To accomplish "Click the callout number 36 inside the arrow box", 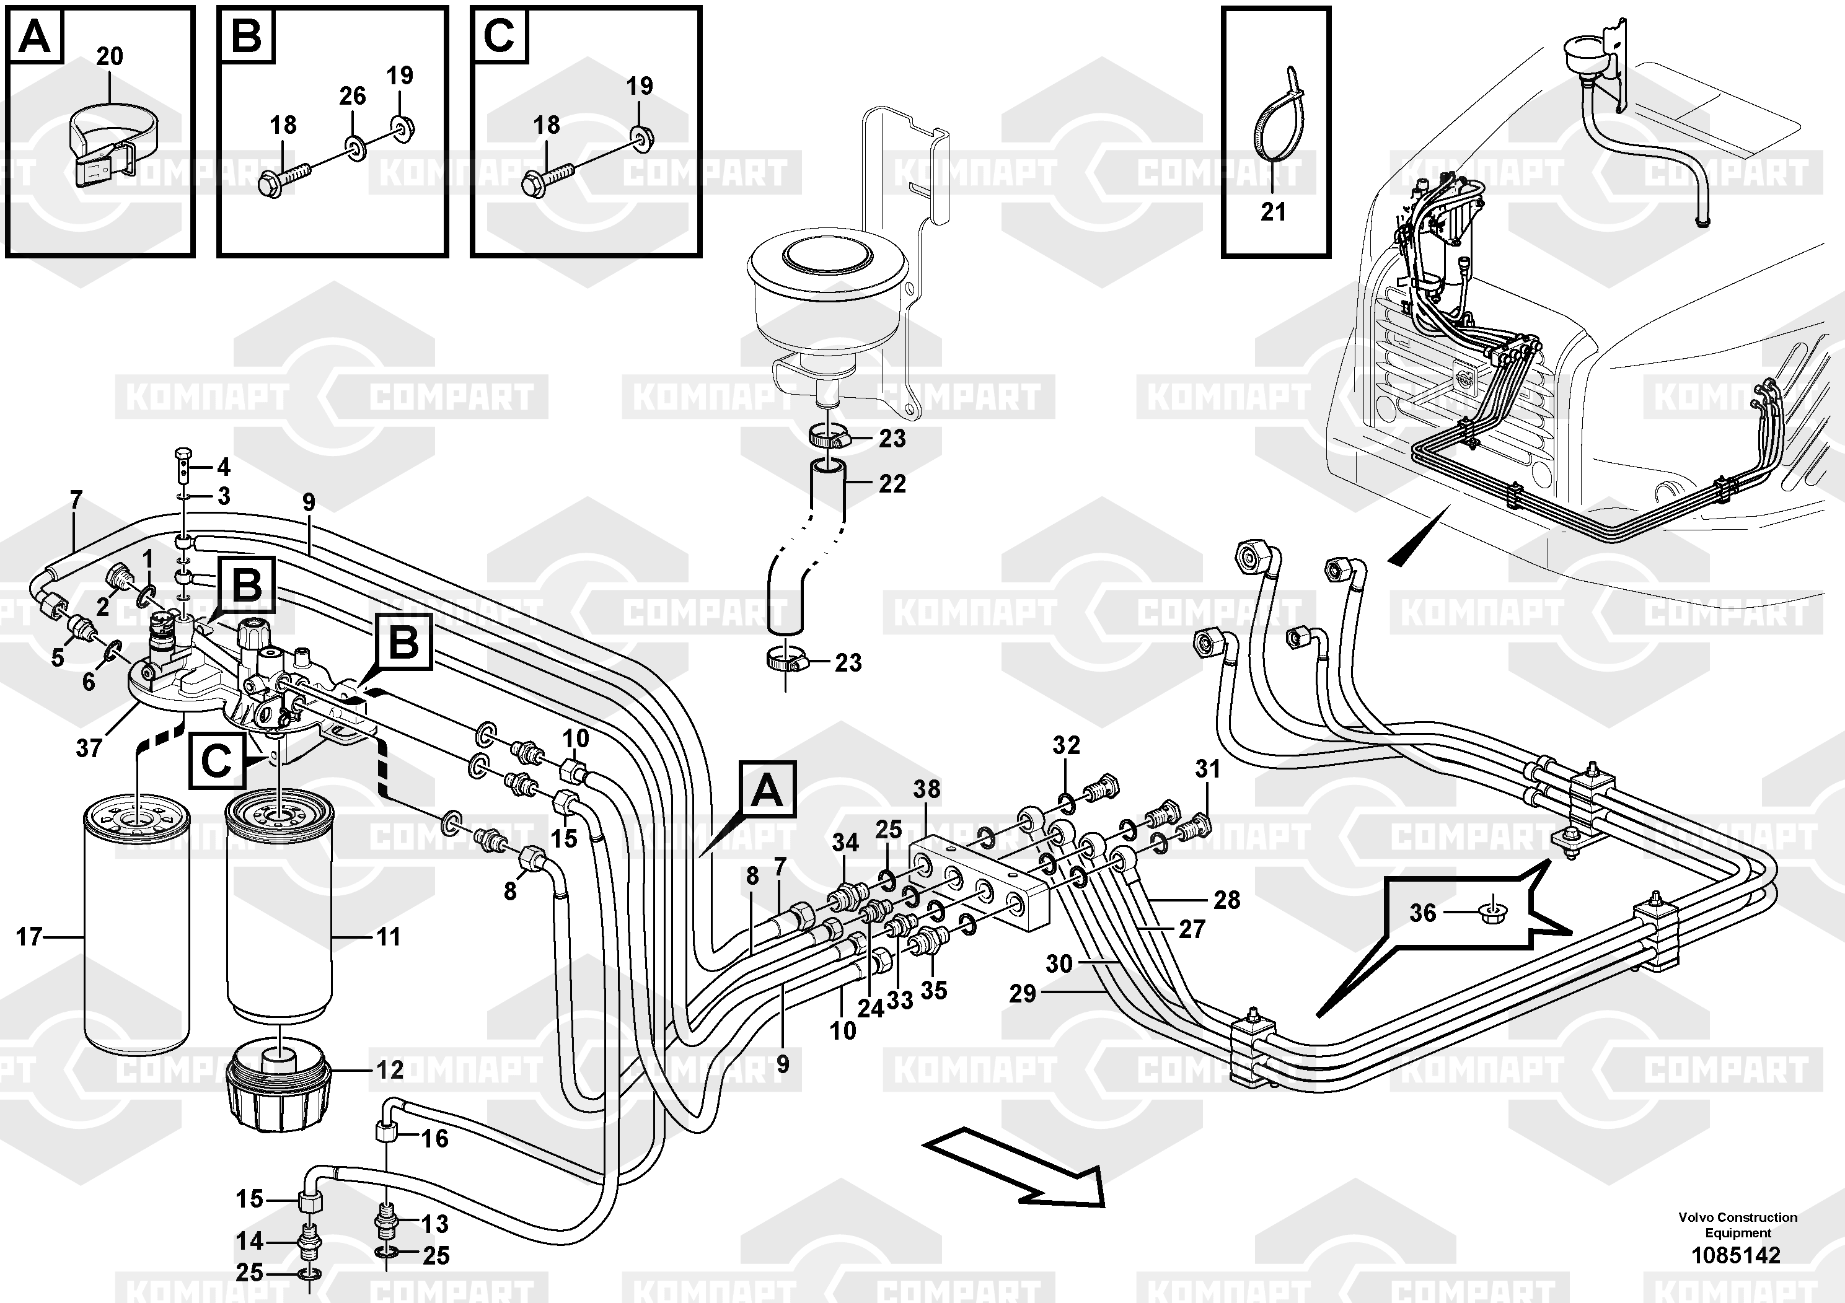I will [1422, 913].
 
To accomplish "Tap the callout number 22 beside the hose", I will [892, 484].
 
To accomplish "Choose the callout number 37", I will [89, 748].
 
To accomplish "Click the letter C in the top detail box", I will [499, 36].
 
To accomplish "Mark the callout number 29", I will [1022, 994].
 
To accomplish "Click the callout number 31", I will [1207, 769].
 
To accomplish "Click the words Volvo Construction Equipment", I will [1737, 1224].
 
